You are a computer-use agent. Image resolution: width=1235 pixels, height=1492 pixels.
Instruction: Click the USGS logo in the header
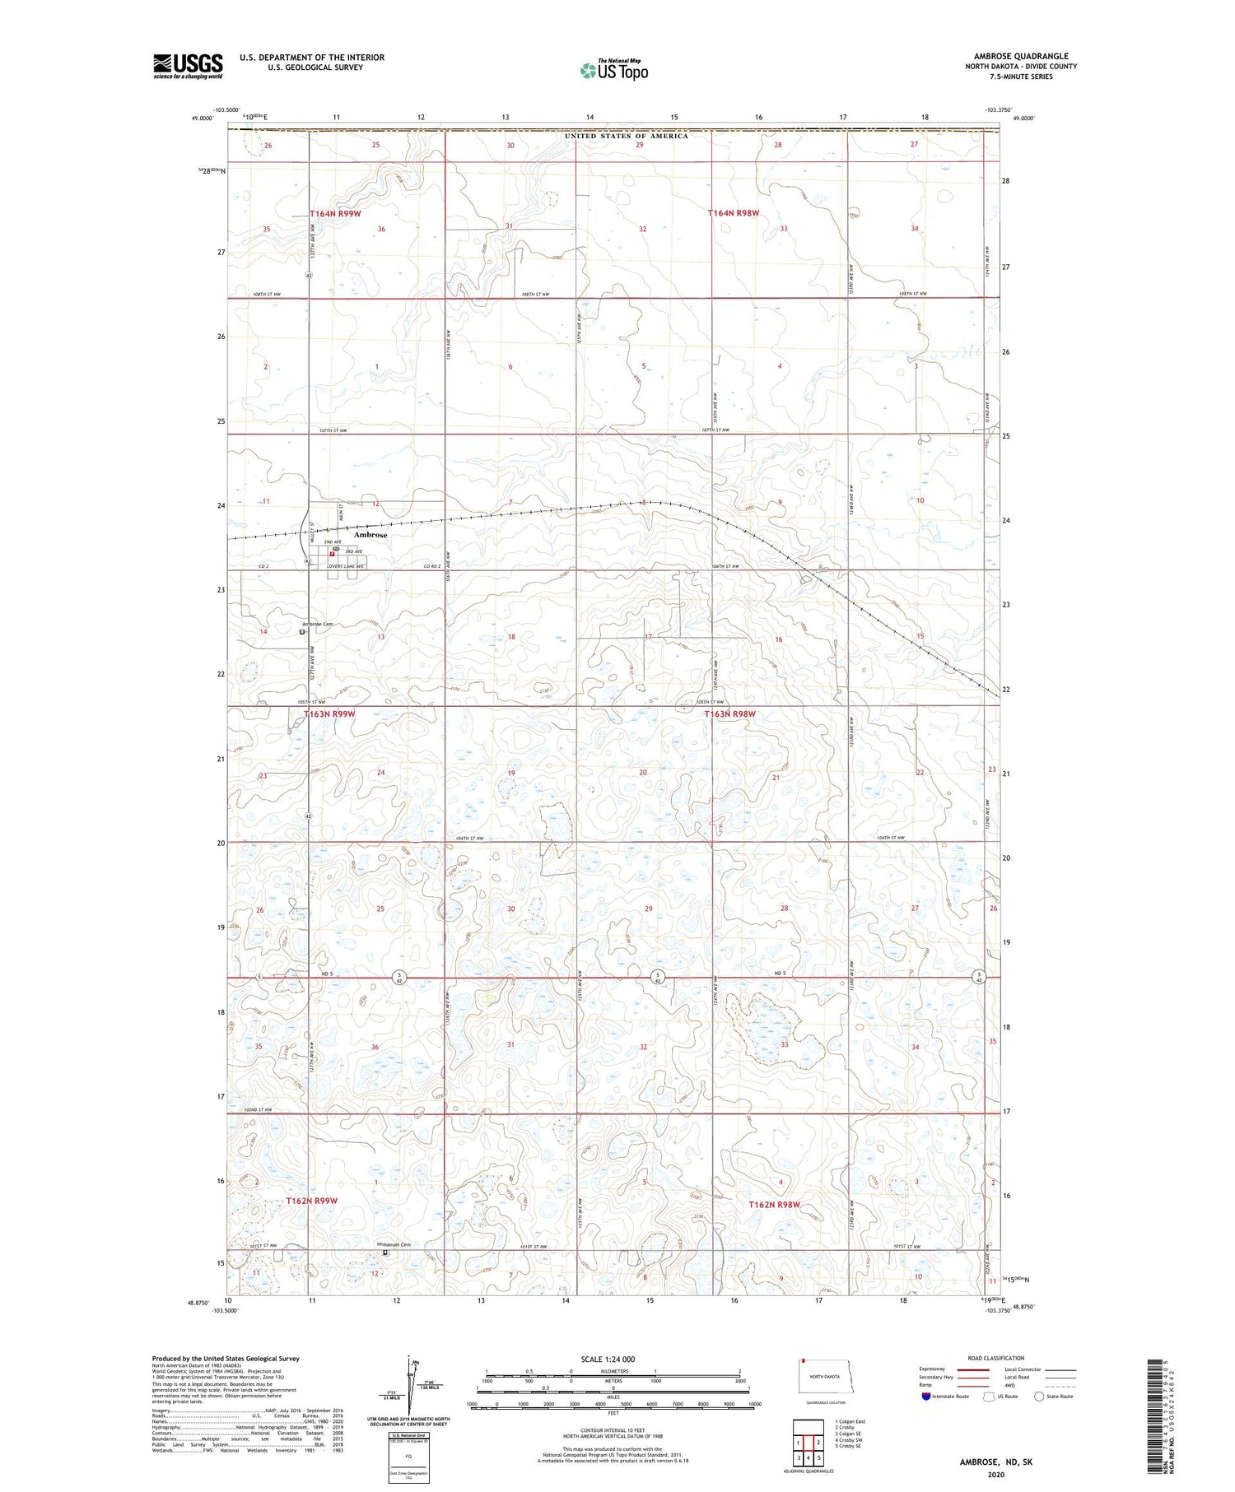[188, 66]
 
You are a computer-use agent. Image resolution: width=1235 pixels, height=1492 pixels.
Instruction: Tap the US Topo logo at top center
[613, 71]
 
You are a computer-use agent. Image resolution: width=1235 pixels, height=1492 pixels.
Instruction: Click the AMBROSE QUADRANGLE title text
[1021, 57]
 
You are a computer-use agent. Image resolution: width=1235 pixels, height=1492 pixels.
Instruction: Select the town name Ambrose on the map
[370, 535]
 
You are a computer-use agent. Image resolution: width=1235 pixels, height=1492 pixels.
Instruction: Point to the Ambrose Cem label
[318, 624]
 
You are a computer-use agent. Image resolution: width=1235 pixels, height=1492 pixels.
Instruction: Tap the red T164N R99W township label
[335, 214]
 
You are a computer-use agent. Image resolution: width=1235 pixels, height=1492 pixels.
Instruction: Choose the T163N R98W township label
[729, 714]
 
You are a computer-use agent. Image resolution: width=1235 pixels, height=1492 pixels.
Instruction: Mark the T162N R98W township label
[774, 1205]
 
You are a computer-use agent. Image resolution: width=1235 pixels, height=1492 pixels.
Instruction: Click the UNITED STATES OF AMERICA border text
[626, 136]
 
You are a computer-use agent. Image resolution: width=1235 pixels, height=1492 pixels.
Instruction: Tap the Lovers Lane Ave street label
[345, 567]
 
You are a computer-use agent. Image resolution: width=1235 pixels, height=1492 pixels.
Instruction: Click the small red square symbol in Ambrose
[332, 555]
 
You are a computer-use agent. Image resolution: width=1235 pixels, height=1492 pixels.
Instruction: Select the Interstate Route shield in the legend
[926, 1397]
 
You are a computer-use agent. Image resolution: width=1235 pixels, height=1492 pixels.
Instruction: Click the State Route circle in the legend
[1039, 1397]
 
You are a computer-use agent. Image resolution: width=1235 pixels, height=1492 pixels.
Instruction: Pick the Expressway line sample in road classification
[979, 1370]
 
